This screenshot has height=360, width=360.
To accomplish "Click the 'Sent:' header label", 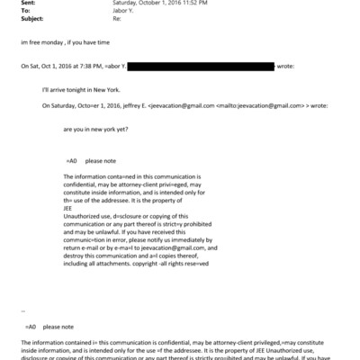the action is tap(28, 4).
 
